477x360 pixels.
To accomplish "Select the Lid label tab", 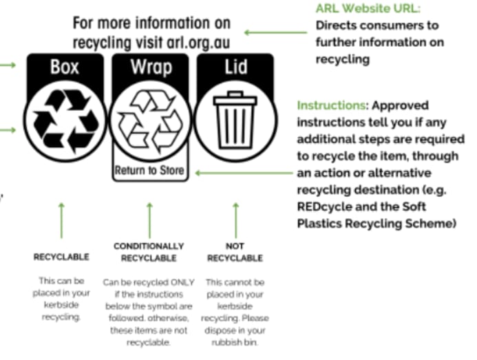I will tap(235, 67).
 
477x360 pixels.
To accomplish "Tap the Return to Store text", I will tap(149, 170).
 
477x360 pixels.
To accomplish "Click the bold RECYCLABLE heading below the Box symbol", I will tap(61, 257).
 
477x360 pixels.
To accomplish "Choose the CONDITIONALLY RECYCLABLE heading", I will tap(149, 252).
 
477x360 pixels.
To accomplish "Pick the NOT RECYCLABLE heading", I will tap(235, 252).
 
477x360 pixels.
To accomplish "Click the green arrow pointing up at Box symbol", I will tap(62, 220).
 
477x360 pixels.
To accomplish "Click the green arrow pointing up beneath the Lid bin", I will tap(236, 220).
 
